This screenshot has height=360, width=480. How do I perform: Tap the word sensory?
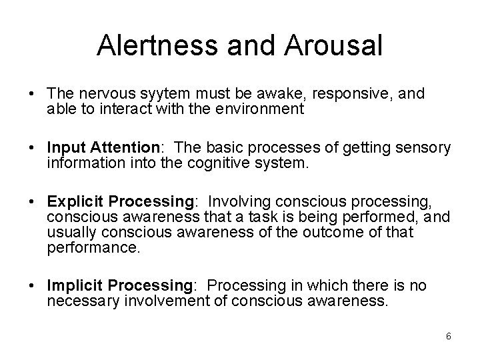[422, 147]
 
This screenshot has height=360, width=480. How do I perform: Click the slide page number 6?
[449, 336]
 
